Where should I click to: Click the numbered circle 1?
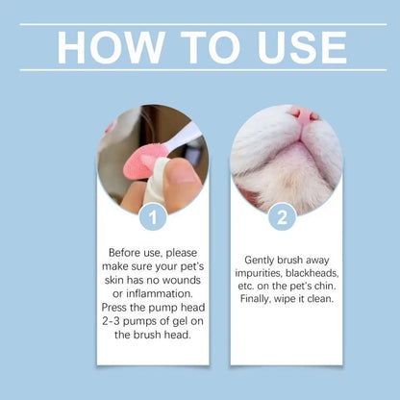coord(152,216)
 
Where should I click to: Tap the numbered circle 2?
coord(282,216)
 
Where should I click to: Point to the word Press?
coord(121,308)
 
